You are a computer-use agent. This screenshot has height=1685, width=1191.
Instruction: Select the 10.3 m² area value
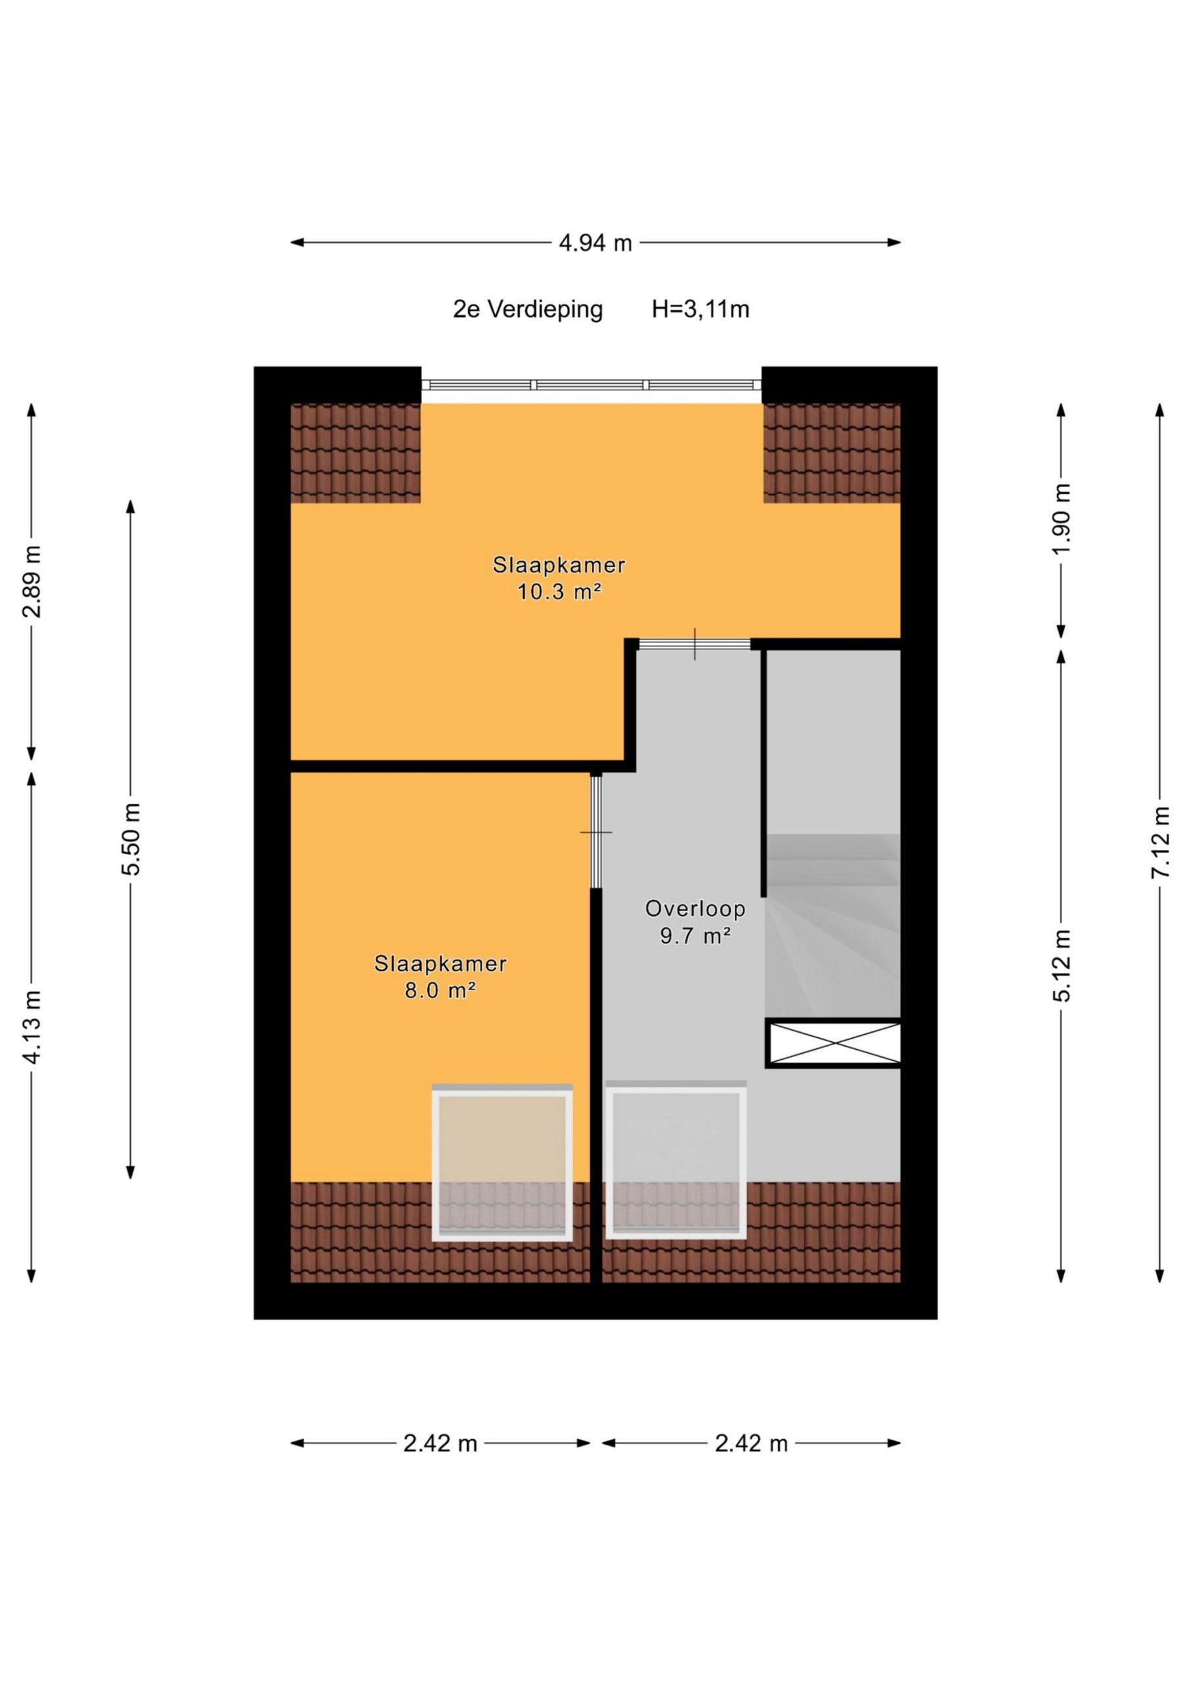pos(559,592)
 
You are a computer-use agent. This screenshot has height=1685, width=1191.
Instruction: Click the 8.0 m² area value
pos(440,990)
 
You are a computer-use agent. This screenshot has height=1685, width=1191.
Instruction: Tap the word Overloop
pos(695,908)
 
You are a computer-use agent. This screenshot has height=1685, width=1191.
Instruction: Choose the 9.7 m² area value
pos(695,936)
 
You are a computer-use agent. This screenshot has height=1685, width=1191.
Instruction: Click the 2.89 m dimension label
pos(32,581)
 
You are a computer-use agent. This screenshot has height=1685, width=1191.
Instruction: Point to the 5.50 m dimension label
pos(132,839)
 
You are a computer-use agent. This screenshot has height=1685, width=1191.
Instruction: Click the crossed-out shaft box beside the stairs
pos(833,1043)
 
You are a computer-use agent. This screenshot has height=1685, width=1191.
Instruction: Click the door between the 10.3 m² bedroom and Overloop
pos(695,644)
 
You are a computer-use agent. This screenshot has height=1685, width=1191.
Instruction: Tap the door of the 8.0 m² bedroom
pos(596,831)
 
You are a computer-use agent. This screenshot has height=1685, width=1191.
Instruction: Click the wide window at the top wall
pos(592,384)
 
